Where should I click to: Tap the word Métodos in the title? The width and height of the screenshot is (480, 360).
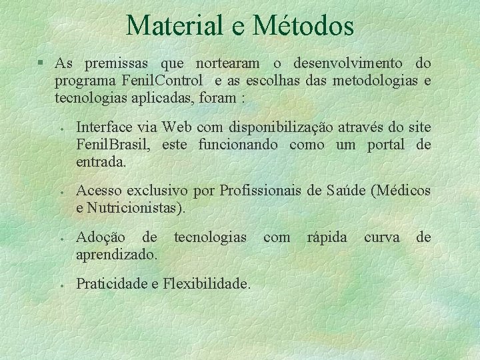[303, 25]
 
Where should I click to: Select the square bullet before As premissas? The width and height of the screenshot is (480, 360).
[41, 64]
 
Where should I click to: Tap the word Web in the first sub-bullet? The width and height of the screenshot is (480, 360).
[176, 127]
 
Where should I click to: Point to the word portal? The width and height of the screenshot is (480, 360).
[385, 145]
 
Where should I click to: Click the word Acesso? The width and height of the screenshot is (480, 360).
[98, 192]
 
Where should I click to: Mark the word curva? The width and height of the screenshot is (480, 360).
[382, 237]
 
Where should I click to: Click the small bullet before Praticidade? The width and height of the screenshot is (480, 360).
[61, 285]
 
